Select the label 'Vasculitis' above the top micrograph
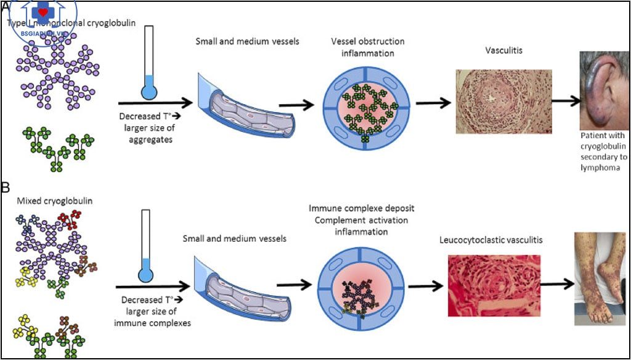point(504,51)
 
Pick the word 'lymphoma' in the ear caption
point(600,168)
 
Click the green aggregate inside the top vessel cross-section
point(368,108)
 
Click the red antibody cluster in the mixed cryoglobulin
point(69,219)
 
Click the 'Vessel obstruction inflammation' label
point(367,47)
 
